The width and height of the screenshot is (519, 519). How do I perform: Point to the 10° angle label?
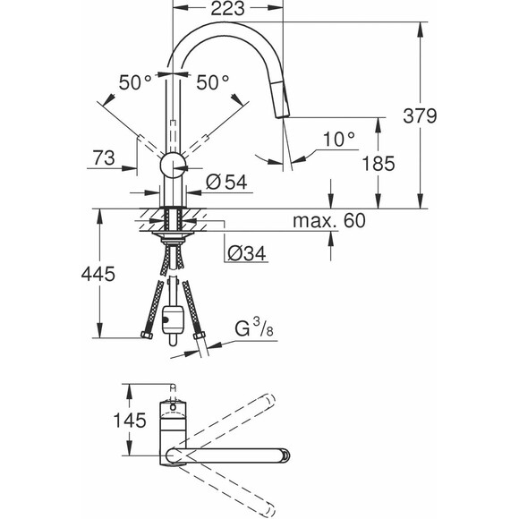click(x=339, y=140)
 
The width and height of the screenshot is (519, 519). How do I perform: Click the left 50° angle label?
click(x=135, y=82)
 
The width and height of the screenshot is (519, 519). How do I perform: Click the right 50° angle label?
click(x=213, y=82)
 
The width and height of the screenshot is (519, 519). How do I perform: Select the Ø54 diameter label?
click(x=225, y=182)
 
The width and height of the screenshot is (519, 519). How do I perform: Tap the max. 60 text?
click(x=329, y=221)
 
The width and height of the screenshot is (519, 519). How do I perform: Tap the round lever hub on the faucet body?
click(x=171, y=165)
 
